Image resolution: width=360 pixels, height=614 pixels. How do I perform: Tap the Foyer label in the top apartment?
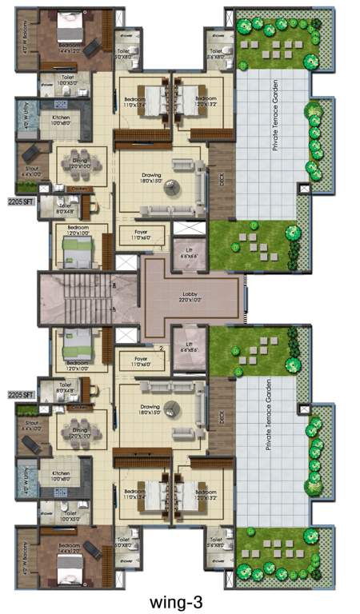tap(143, 233)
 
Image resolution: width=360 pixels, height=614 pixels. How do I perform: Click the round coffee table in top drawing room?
tap(172, 187)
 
